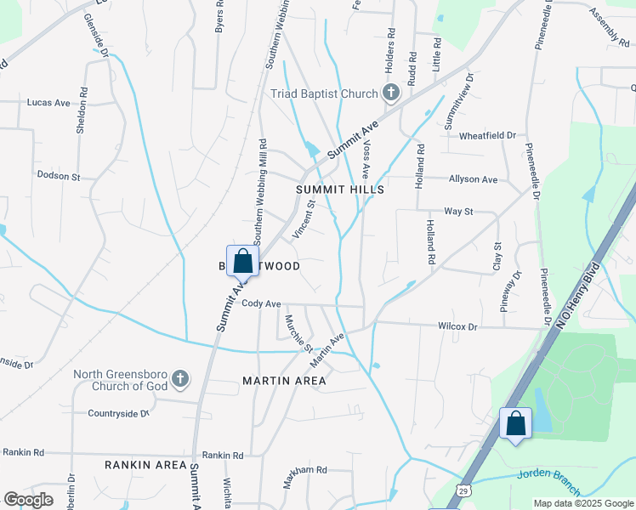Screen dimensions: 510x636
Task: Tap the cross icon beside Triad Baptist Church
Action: click(x=390, y=92)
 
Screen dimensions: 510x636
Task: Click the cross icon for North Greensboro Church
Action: click(x=179, y=378)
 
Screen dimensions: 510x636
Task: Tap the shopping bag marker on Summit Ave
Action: click(x=242, y=261)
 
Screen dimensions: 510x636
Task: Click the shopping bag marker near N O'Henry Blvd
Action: click(x=515, y=423)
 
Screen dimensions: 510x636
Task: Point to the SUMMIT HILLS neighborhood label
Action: click(x=340, y=190)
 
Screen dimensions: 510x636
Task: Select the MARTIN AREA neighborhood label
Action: click(x=284, y=380)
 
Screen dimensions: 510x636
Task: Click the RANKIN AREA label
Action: click(x=145, y=465)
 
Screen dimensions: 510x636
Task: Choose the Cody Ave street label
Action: click(x=261, y=303)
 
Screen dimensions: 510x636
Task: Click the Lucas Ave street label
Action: click(x=48, y=102)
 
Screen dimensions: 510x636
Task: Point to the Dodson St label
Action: click(x=58, y=177)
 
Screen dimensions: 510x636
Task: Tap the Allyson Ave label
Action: click(x=473, y=179)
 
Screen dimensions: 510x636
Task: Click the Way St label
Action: click(x=457, y=211)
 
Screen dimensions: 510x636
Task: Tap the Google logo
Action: click(x=28, y=500)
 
